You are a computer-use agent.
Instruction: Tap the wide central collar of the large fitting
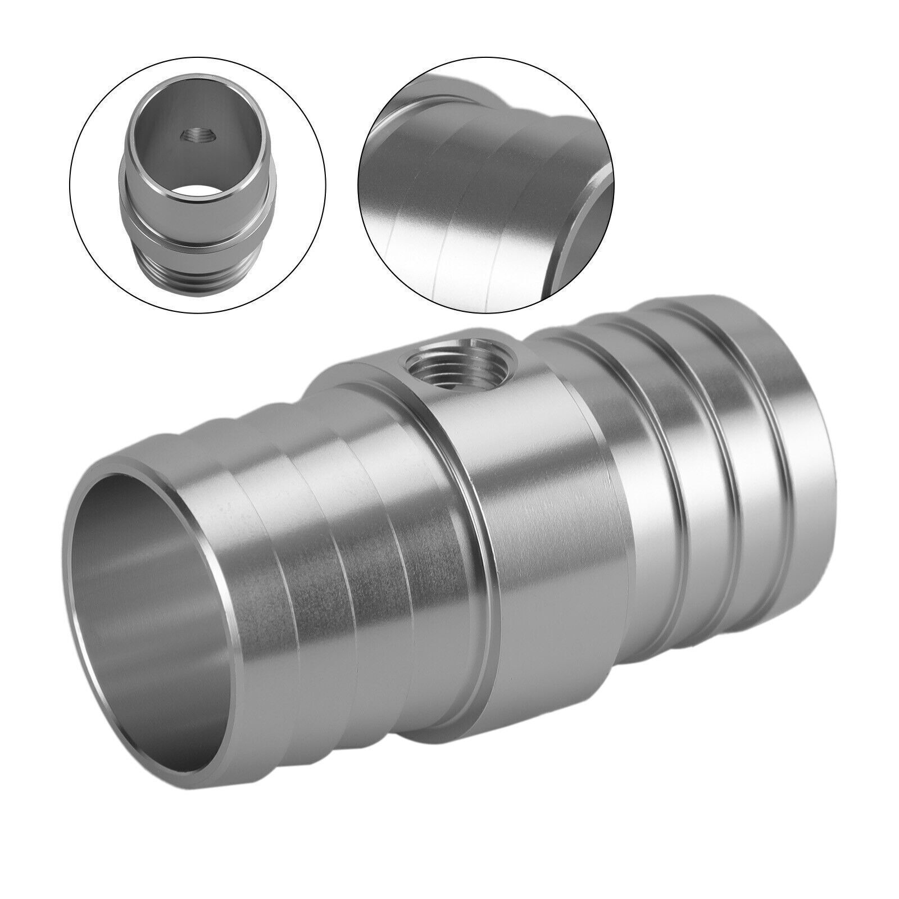pos(556,506)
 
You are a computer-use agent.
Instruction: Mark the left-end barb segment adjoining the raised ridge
pos(433,539)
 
